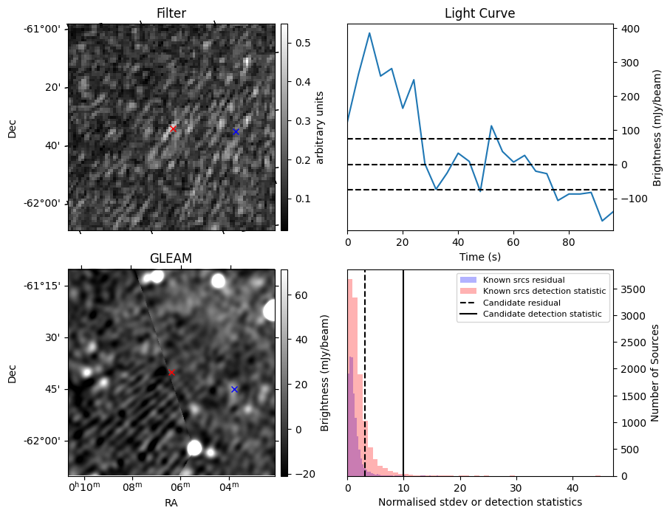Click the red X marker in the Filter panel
173,128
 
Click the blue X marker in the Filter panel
236,131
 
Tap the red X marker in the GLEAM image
171,373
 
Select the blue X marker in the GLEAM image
234,389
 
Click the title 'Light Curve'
479,13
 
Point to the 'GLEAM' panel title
171,258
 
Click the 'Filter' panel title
171,13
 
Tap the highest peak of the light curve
369,33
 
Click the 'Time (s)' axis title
479,255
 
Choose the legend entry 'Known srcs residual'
523,280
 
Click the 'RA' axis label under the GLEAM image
171,503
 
